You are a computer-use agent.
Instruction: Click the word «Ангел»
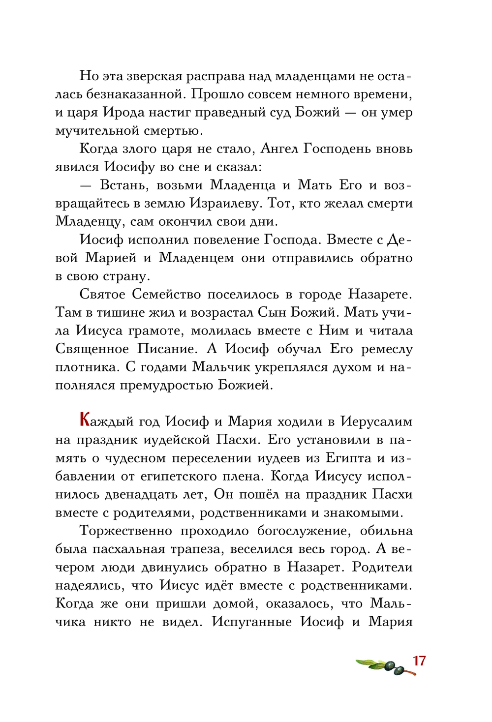point(279,149)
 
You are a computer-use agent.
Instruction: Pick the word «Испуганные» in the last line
point(252,622)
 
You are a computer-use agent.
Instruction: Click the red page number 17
point(419,661)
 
